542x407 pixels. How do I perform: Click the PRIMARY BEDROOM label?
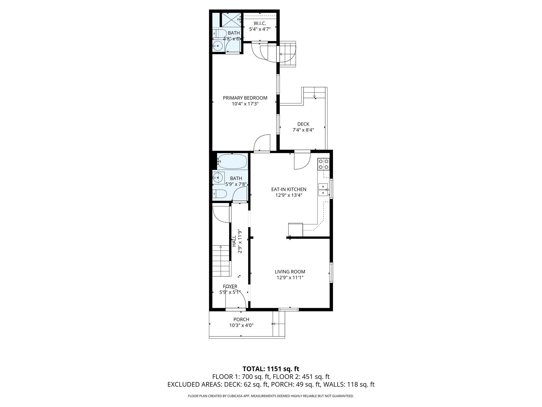coord(245,98)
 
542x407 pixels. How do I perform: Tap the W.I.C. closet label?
coord(260,24)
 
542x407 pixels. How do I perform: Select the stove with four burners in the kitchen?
coord(323,164)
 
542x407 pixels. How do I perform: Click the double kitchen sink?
coord(323,189)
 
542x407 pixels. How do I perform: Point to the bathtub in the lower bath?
coord(232,162)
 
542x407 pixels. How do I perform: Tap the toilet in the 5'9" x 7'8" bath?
coord(220,194)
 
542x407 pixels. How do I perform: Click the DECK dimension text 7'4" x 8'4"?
coord(303,130)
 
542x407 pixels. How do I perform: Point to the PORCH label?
coord(241,320)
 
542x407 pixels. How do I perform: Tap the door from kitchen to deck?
coord(302,161)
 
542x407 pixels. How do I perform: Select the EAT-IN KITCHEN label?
coord(288,189)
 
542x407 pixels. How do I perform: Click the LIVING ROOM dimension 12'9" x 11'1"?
coord(290,278)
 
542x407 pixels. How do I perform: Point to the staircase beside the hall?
coord(221,261)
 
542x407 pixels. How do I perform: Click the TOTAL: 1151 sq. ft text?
coord(271,369)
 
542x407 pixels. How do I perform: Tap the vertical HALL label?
coord(234,241)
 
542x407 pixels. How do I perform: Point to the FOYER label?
coord(230,286)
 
